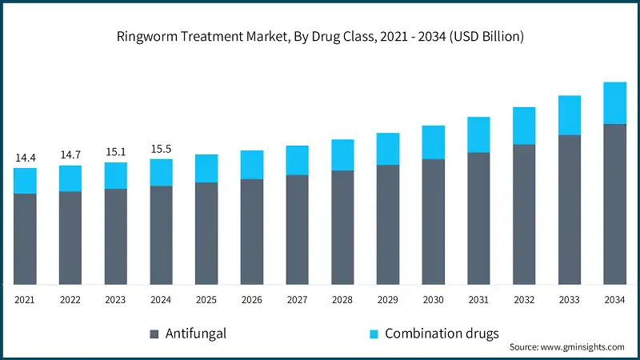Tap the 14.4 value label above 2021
pyautogui.click(x=26, y=158)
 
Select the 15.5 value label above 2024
pyautogui.click(x=161, y=149)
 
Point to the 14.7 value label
pyautogui.click(x=70, y=155)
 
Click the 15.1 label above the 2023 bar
pyautogui.click(x=116, y=152)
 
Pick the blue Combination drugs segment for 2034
pyautogui.click(x=614, y=103)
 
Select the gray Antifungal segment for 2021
pyautogui.click(x=26, y=238)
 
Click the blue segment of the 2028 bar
pyautogui.click(x=342, y=155)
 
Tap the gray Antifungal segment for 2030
pyautogui.click(x=434, y=221)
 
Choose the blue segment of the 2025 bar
pyautogui.click(x=206, y=169)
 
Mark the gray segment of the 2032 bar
pyautogui.click(x=524, y=214)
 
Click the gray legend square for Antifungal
pyautogui.click(x=153, y=334)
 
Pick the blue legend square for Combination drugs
pyautogui.click(x=372, y=334)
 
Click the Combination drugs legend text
pyautogui.click(x=441, y=334)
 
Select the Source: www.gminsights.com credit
pyautogui.click(x=567, y=348)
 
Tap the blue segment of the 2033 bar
pyautogui.click(x=569, y=115)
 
